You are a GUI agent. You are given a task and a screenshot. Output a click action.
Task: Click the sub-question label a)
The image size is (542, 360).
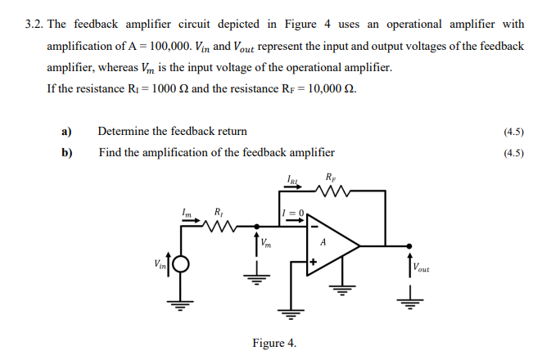[66, 131]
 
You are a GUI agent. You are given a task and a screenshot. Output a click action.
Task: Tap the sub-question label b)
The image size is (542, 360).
[66, 151]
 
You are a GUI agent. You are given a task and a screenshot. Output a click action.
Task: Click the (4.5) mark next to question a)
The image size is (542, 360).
[514, 131]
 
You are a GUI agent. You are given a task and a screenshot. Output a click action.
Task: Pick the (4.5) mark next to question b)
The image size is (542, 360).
[514, 151]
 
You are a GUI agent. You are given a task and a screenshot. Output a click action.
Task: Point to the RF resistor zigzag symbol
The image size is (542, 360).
[330, 191]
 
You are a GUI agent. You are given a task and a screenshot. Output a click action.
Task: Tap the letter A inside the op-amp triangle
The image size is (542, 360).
[323, 242]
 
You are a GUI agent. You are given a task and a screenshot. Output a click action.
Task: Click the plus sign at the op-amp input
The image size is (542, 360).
[313, 263]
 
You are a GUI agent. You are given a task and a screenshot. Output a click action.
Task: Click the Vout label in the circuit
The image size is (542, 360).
[422, 266]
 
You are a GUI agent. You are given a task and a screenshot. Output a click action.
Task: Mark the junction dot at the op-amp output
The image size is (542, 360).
[409, 245]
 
